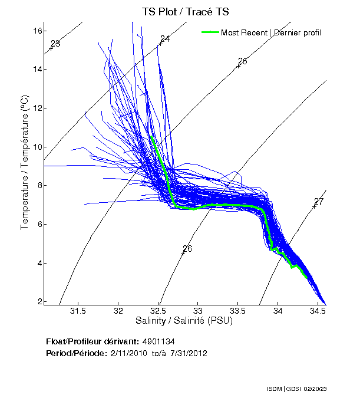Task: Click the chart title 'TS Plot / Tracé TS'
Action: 185,11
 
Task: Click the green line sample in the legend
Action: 210,32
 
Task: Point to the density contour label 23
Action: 55,44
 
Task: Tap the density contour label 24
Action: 165,39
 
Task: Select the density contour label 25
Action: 242,61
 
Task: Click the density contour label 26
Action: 187,248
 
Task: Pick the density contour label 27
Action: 319,202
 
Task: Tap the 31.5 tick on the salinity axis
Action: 78,311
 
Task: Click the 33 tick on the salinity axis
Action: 198,311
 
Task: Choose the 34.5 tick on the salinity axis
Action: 318,311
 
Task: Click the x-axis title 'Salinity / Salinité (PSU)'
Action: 185,321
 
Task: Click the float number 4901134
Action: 158,341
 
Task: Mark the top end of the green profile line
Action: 152,137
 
